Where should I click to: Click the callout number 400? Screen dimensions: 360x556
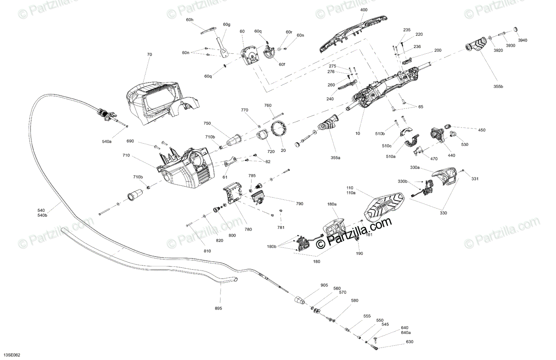point(364,10)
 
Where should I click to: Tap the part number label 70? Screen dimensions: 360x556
point(149,55)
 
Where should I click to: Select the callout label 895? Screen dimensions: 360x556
point(218,308)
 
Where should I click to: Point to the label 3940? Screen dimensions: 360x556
point(522,40)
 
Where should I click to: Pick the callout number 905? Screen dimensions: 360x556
point(324,285)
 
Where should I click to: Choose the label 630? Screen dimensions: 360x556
point(409,342)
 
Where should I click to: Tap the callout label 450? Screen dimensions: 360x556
point(482,130)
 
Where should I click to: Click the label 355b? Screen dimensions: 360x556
point(498,87)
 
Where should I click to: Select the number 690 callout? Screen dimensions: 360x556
point(130,141)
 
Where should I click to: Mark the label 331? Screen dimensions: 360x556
point(474,179)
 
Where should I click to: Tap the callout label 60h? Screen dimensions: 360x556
point(190,19)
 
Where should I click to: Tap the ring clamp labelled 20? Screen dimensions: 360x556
point(279,128)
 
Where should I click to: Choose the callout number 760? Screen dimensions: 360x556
point(268,106)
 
